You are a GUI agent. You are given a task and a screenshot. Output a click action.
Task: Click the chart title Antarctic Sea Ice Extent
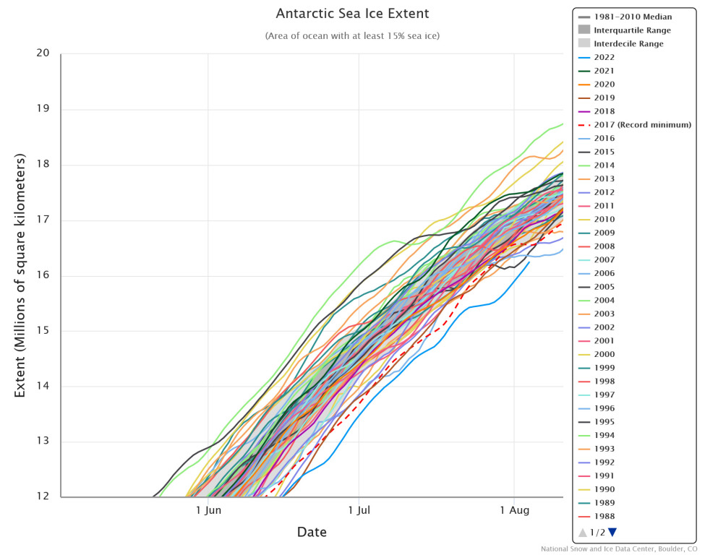pyautogui.click(x=352, y=14)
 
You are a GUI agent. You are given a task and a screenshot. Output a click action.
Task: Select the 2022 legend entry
pyautogui.click(x=604, y=57)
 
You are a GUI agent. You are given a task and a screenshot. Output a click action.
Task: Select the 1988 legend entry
pyautogui.click(x=604, y=516)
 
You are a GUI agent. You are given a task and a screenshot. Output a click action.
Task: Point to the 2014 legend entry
pyautogui.click(x=604, y=165)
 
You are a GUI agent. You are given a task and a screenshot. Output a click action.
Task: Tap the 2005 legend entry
pyautogui.click(x=604, y=287)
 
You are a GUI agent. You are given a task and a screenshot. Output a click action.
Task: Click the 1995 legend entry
pyautogui.click(x=604, y=422)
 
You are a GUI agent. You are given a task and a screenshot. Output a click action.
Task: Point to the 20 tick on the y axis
pyautogui.click(x=43, y=53)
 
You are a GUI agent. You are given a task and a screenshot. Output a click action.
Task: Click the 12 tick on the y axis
pyautogui.click(x=43, y=497)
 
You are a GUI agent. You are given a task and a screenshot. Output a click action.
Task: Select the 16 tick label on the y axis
pyautogui.click(x=43, y=275)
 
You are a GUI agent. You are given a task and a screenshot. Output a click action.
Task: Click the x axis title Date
pyautogui.click(x=312, y=533)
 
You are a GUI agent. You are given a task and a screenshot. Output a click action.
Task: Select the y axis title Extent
pyautogui.click(x=20, y=275)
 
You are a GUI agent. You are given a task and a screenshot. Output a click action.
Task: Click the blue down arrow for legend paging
pyautogui.click(x=612, y=533)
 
